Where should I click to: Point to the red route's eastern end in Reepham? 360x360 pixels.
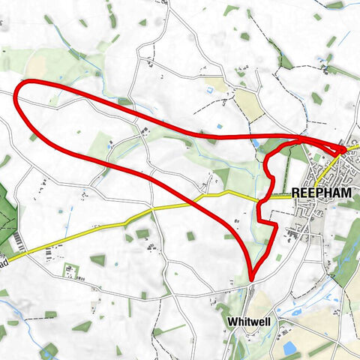(343, 150)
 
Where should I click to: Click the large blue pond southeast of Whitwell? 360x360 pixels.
(290, 347)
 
